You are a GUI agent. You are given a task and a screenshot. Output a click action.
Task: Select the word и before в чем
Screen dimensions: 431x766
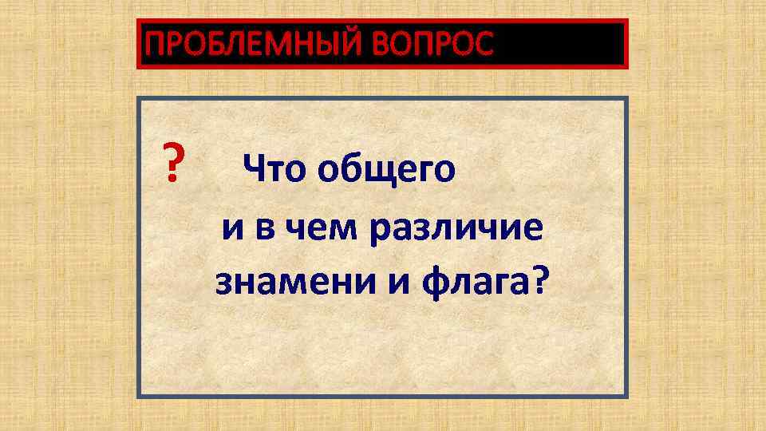pos(234,226)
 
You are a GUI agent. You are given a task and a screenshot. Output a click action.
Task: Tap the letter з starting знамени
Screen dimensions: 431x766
pos(224,282)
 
